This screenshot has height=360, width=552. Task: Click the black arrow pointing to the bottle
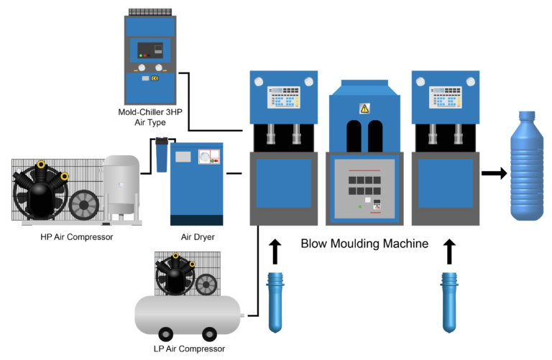492,173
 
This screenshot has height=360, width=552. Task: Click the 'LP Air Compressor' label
190,349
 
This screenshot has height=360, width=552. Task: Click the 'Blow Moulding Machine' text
364,244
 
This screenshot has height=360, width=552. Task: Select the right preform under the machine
450,300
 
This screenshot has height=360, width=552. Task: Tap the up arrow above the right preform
450,251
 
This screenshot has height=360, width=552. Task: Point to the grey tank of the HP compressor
121,185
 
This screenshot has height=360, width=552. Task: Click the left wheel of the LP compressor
166,334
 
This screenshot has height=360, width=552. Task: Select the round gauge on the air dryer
207,156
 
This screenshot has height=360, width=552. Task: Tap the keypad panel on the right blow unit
445,98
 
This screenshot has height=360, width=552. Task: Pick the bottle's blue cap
528,115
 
